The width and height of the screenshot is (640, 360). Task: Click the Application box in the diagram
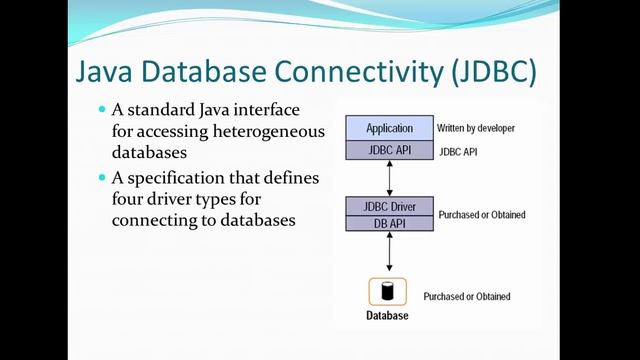pos(389,128)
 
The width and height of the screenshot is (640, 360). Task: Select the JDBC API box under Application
pos(389,149)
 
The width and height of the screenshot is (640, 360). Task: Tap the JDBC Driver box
pos(389,206)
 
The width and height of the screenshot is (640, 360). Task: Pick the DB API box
pos(389,223)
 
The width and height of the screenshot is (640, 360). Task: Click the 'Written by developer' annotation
pos(475,129)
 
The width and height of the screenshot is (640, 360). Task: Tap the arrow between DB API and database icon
pos(389,254)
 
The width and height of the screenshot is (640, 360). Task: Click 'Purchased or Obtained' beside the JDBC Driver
pos(482,215)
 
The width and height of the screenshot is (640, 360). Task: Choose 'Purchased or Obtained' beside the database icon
pos(467,296)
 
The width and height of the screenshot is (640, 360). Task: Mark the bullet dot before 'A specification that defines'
pos(101,177)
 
